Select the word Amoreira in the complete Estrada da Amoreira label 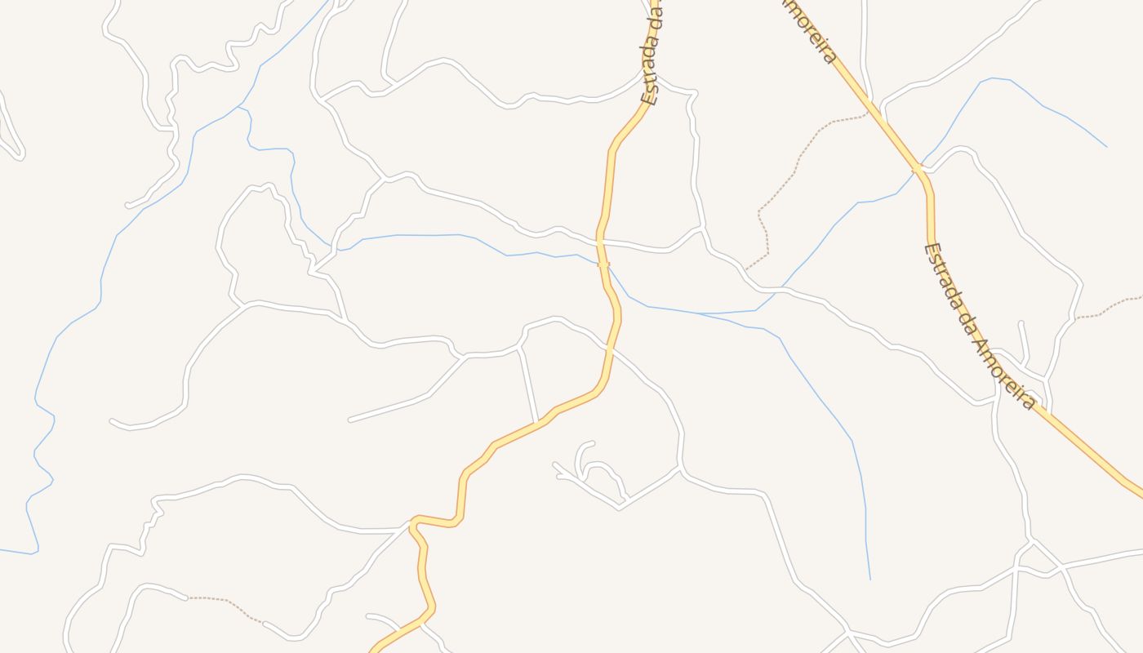(1006, 371)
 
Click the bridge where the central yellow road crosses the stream (603, 264)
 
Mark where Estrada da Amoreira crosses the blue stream (918, 170)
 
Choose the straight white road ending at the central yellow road (528, 384)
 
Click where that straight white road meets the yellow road (537, 423)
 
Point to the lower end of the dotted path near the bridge (746, 269)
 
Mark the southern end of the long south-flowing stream (869, 579)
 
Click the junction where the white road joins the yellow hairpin (408, 526)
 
